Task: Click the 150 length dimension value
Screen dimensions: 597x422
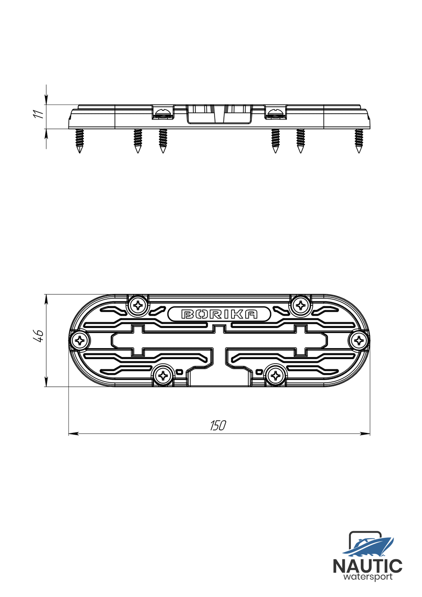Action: pyautogui.click(x=218, y=425)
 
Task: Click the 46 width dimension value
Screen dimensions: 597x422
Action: pyautogui.click(x=39, y=336)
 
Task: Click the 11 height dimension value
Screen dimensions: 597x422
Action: pyautogui.click(x=39, y=113)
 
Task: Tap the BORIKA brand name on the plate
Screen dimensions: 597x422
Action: pyautogui.click(x=219, y=314)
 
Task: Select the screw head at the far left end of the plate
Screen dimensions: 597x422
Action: pyautogui.click(x=80, y=341)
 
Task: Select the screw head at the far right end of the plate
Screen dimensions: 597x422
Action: pyautogui.click(x=358, y=341)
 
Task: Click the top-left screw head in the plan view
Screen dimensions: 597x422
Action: pyautogui.click(x=139, y=305)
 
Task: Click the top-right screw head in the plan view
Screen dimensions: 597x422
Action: pyautogui.click(x=301, y=305)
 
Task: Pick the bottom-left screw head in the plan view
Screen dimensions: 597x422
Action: pyautogui.click(x=164, y=376)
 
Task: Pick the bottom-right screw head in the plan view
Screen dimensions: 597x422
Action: pyautogui.click(x=276, y=376)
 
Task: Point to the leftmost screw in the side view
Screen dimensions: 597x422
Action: pyautogui.click(x=80, y=140)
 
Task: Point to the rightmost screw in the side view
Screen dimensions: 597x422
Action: pyautogui.click(x=359, y=140)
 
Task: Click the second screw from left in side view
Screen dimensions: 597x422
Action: pyautogui.click(x=138, y=140)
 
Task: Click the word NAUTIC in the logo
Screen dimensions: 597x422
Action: pyautogui.click(x=367, y=566)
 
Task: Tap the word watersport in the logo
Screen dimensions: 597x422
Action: pyautogui.click(x=368, y=577)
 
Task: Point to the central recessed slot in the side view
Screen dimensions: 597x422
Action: pyautogui.click(x=219, y=114)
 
